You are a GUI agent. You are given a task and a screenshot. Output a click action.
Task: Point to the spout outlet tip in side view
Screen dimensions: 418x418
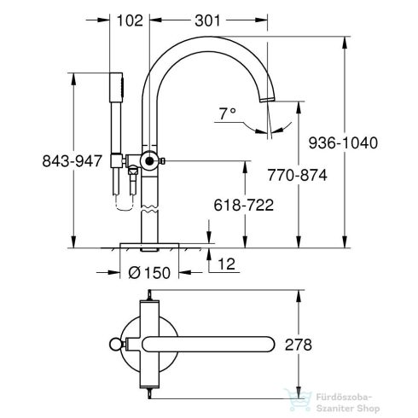270,103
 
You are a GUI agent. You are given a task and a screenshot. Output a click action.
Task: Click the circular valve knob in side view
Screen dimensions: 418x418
151,161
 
